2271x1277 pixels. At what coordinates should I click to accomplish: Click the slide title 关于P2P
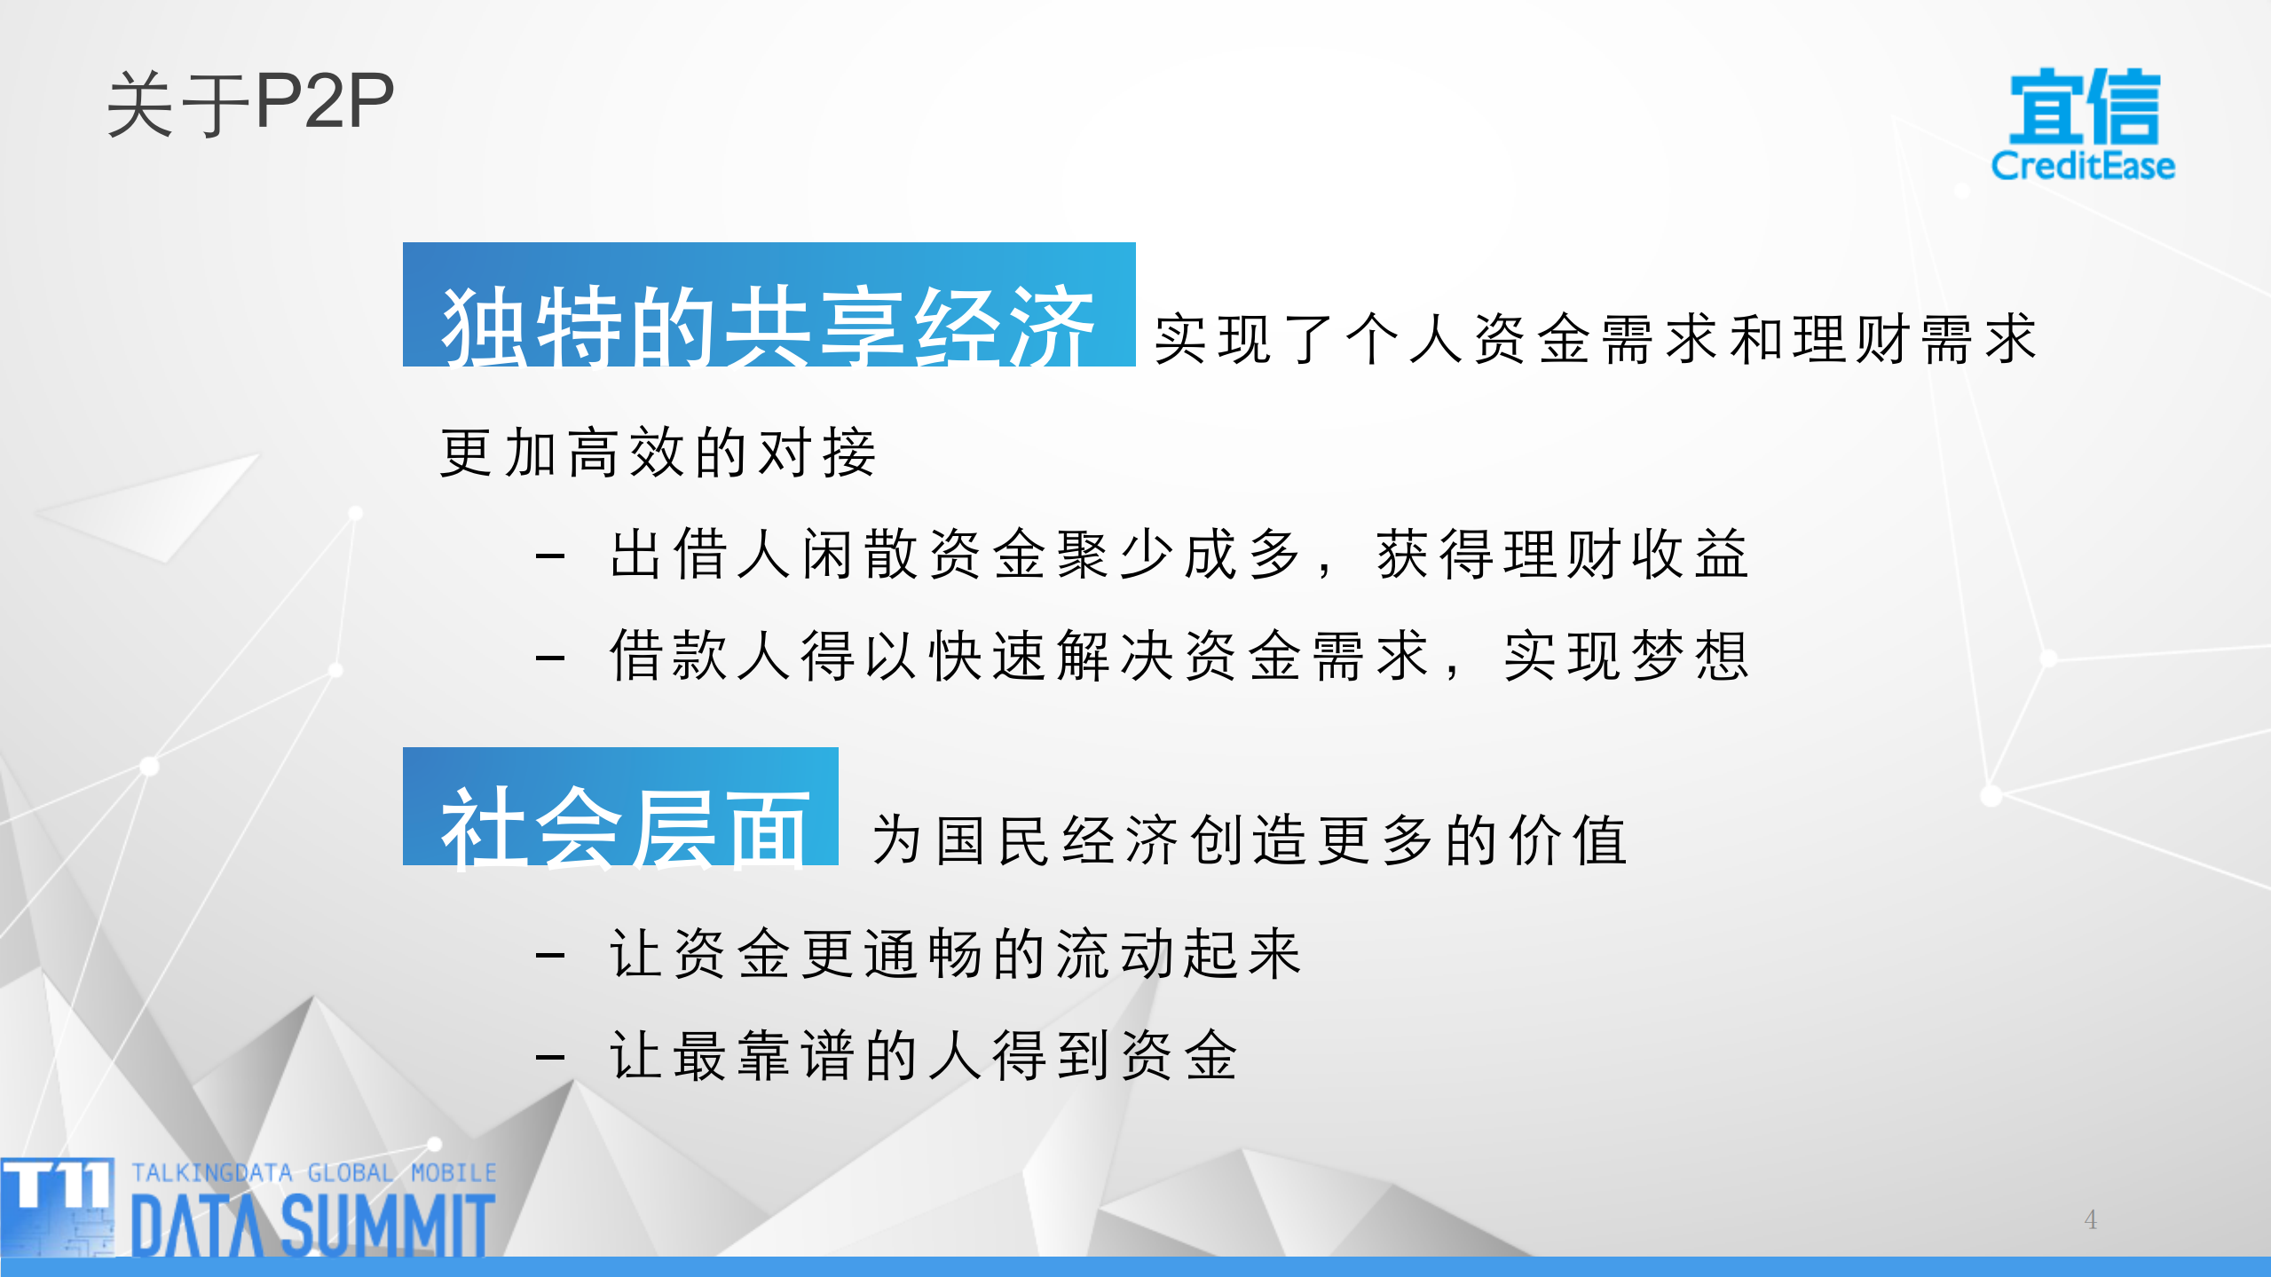pos(250,104)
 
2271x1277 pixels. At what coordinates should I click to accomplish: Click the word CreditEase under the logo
pos(2083,166)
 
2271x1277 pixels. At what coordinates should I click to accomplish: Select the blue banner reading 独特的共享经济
pos(769,305)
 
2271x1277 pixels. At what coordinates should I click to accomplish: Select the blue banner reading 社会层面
pos(620,807)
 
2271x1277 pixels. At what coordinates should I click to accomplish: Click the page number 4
pos(2090,1219)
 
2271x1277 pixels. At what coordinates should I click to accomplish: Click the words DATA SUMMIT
pos(312,1225)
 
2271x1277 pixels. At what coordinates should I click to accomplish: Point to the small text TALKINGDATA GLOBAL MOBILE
pos(313,1172)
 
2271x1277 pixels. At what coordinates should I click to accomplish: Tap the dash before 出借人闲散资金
pos(550,556)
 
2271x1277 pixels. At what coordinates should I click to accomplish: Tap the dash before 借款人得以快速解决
pos(550,658)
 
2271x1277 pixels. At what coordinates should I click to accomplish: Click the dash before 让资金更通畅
pos(550,956)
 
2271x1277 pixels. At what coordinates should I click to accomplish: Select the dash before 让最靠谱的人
pos(550,1057)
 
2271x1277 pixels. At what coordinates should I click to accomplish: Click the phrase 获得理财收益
pos(1562,555)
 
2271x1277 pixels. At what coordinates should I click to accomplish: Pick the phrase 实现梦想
pos(1626,657)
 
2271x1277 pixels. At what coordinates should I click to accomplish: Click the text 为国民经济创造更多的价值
pos(1250,840)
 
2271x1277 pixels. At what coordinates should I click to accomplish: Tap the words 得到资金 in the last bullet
pos(1115,1056)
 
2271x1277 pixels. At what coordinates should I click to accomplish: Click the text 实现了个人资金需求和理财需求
pos(1595,339)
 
